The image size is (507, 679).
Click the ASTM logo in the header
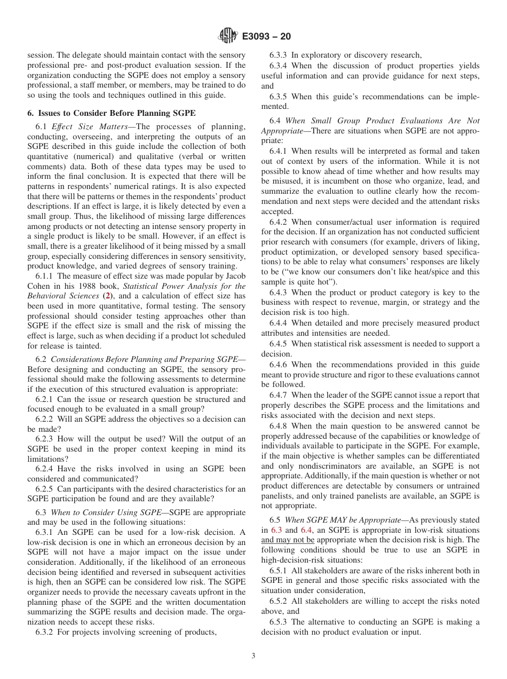point(228,37)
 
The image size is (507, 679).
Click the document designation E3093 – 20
point(266,37)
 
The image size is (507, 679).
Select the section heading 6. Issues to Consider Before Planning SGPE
point(112,113)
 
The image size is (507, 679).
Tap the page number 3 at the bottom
point(253,656)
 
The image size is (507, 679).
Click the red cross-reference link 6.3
point(276,530)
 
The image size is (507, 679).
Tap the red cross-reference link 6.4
point(306,530)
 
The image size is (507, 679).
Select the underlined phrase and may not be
point(288,540)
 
